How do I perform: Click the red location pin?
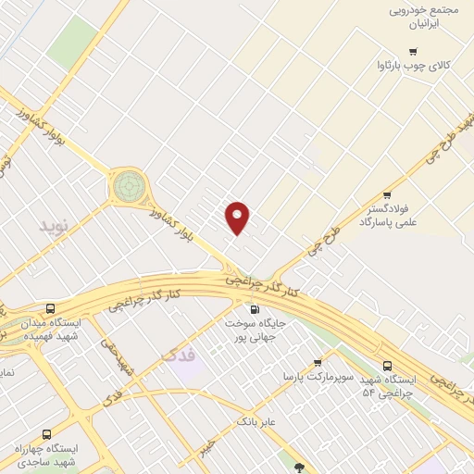tap(238, 218)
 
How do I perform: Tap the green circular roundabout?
tap(130, 186)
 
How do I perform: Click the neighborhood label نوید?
tap(54, 225)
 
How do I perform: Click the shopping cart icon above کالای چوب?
tap(412, 52)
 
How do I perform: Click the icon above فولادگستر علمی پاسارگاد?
tap(387, 195)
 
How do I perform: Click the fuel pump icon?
tap(254, 309)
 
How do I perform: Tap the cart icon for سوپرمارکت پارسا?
tap(318, 363)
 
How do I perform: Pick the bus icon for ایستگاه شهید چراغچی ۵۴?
tap(387, 366)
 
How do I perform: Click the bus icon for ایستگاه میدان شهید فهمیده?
tap(49, 308)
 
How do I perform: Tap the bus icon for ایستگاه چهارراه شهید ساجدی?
tap(46, 433)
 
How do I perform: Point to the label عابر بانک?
tap(257, 421)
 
